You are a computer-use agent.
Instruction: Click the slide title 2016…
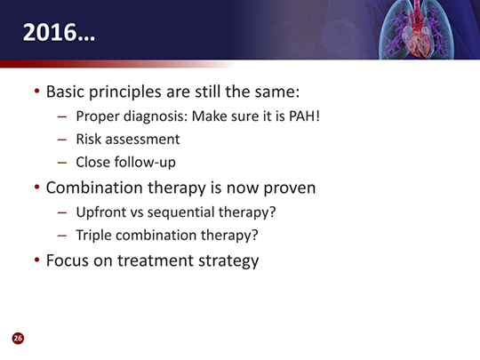tap(59, 33)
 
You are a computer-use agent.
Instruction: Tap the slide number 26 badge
tap(18, 338)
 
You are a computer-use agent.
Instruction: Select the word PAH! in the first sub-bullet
tap(304, 116)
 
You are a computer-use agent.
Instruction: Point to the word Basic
tap(65, 92)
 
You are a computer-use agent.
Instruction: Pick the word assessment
tap(142, 140)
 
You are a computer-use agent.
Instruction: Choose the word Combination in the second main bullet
tap(94, 188)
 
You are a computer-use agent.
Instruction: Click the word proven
tap(289, 188)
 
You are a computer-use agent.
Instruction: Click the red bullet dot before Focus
tap(37, 260)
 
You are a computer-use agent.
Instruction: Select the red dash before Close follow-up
tap(62, 163)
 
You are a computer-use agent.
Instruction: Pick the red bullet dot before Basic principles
tap(37, 91)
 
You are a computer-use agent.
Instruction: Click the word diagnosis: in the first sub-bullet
tap(156, 116)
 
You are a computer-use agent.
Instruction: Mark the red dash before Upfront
tap(62, 212)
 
